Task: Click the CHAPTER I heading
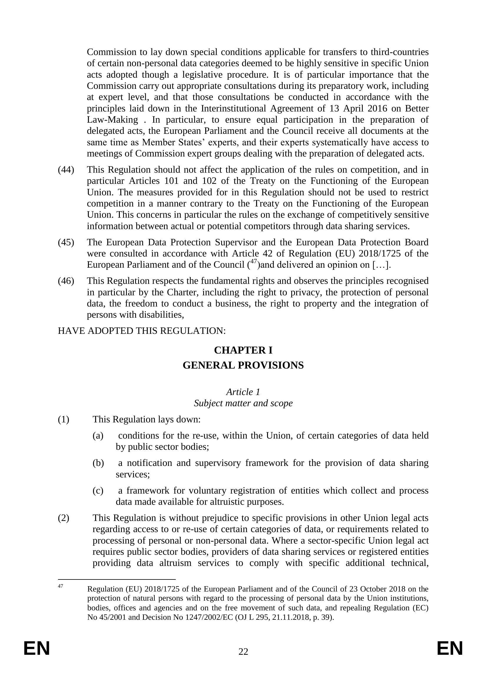[243, 350]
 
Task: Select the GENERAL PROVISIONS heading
[243, 366]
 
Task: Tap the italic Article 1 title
[243, 392]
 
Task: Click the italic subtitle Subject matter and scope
[243, 403]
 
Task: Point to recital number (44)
[66, 170]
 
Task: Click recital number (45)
[66, 242]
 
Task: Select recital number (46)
[66, 281]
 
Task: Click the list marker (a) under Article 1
[98, 436]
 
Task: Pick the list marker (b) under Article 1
[98, 463]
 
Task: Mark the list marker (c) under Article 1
[98, 491]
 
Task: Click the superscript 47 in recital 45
[254, 261]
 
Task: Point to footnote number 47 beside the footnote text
[60, 586]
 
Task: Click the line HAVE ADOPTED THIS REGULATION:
[142, 331]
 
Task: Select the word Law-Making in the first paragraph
[112, 120]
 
